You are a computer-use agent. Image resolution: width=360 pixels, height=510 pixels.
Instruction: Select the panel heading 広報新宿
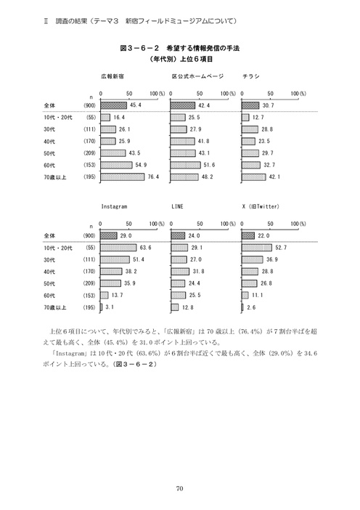(x=115, y=76)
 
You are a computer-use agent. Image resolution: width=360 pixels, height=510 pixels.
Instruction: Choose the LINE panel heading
(x=177, y=206)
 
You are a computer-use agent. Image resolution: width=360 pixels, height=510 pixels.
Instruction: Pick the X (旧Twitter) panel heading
(x=265, y=206)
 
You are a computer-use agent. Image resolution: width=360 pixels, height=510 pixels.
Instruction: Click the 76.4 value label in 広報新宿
(x=152, y=177)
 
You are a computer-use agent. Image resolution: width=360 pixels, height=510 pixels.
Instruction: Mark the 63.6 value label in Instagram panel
(x=145, y=248)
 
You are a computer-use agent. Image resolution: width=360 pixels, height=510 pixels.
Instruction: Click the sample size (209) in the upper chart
(x=91, y=153)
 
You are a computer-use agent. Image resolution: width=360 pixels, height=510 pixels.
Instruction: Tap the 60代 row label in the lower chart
(x=49, y=296)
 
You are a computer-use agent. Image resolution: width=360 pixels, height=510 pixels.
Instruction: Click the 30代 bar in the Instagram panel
(x=115, y=259)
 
